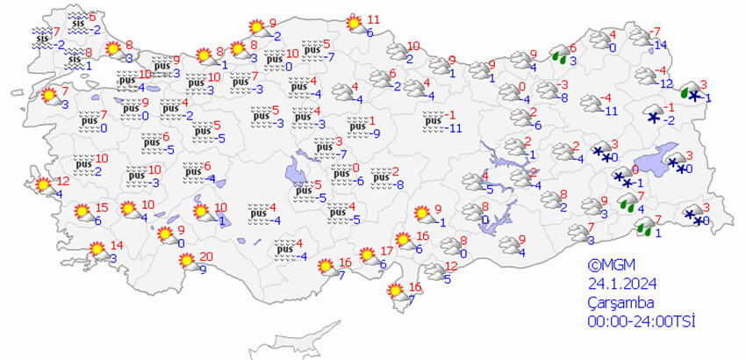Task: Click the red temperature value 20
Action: pyautogui.click(x=205, y=257)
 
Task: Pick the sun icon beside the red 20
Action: pyautogui.click(x=186, y=261)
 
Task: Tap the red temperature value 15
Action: pyautogui.click(x=102, y=208)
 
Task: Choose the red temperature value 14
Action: pyautogui.click(x=117, y=245)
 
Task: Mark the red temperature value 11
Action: pyautogui.click(x=372, y=19)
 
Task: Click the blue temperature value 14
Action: pyautogui.click(x=660, y=45)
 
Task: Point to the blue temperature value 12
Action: pyautogui.click(x=665, y=83)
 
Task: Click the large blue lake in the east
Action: pyautogui.click(x=651, y=161)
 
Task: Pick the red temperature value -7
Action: pyautogui.click(x=656, y=32)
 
